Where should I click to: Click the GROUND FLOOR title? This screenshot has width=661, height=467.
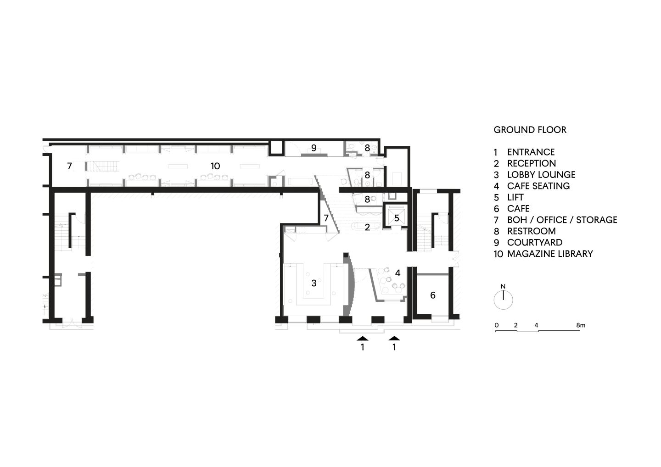pos(530,130)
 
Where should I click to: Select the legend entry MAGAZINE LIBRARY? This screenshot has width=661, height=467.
pos(550,254)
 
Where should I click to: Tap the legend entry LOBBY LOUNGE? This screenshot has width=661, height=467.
pos(541,174)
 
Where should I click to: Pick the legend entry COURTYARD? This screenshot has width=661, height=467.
pos(535,242)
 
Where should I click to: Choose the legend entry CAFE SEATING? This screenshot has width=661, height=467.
pos(538,186)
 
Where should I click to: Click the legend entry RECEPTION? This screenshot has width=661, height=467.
pos(532,163)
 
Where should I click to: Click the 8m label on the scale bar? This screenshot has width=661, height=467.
pos(580,325)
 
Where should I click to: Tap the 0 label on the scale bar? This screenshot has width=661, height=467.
pos(497,325)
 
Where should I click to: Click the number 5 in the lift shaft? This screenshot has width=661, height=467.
pos(397,218)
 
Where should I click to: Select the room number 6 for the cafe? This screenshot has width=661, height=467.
pos(432,295)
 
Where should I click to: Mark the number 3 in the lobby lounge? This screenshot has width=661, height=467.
pos(314,284)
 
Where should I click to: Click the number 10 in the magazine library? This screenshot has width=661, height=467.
pos(215,166)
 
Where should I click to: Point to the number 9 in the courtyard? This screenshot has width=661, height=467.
pos(314,148)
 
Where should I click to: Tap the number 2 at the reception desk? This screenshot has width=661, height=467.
pos(367,227)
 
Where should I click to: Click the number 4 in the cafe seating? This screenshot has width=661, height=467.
pos(398,273)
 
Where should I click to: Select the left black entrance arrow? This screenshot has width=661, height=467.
pos(362,338)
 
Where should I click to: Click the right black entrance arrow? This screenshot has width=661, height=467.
pos(394,338)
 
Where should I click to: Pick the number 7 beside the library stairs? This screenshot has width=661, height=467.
pos(69,166)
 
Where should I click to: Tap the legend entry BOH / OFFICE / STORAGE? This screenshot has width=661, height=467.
pos(562,220)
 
